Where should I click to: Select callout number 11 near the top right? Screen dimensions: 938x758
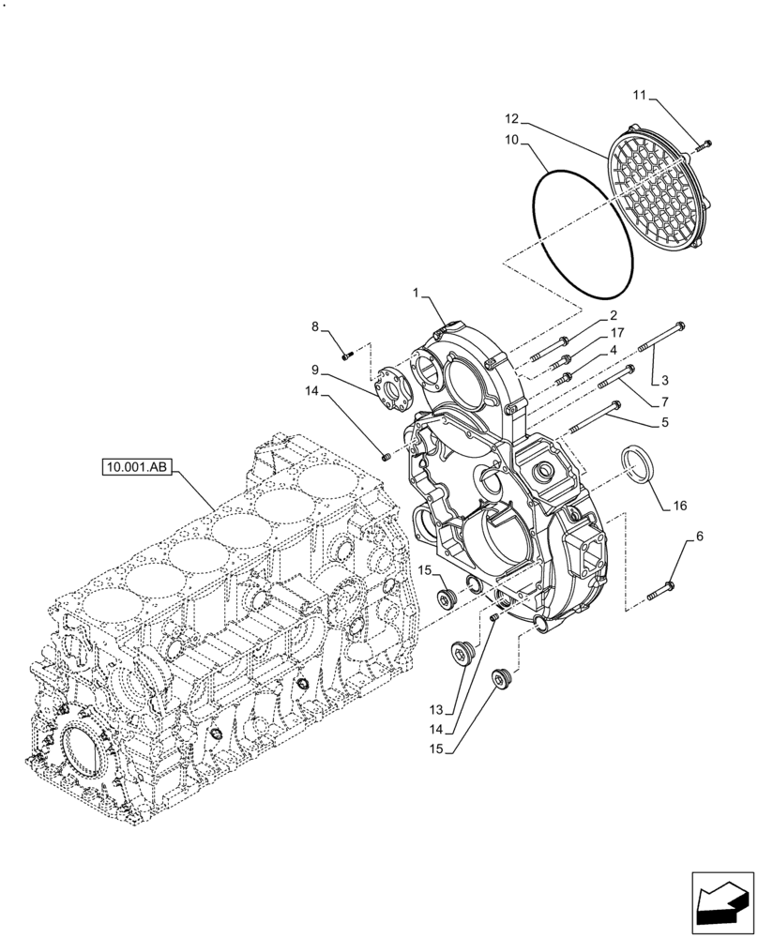coord(640,95)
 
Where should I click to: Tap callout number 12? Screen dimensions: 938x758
coord(511,119)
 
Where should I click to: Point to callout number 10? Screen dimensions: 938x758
coord(511,140)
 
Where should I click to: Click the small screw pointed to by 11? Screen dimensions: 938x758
coord(705,144)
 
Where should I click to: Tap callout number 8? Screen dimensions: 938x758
coord(316,326)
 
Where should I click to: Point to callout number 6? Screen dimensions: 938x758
coord(698,537)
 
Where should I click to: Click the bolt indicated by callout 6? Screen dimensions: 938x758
coord(663,589)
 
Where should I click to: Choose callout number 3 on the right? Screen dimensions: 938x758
coord(664,382)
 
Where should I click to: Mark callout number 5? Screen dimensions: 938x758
coord(664,423)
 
